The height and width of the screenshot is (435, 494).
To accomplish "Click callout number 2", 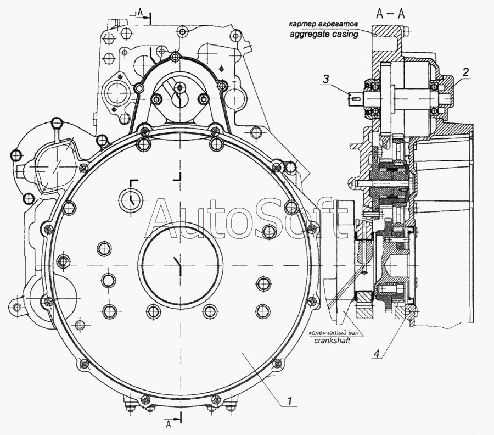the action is (465, 71).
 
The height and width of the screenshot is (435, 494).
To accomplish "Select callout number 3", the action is (325, 79).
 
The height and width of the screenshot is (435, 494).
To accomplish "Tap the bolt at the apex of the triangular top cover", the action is (175, 57).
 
